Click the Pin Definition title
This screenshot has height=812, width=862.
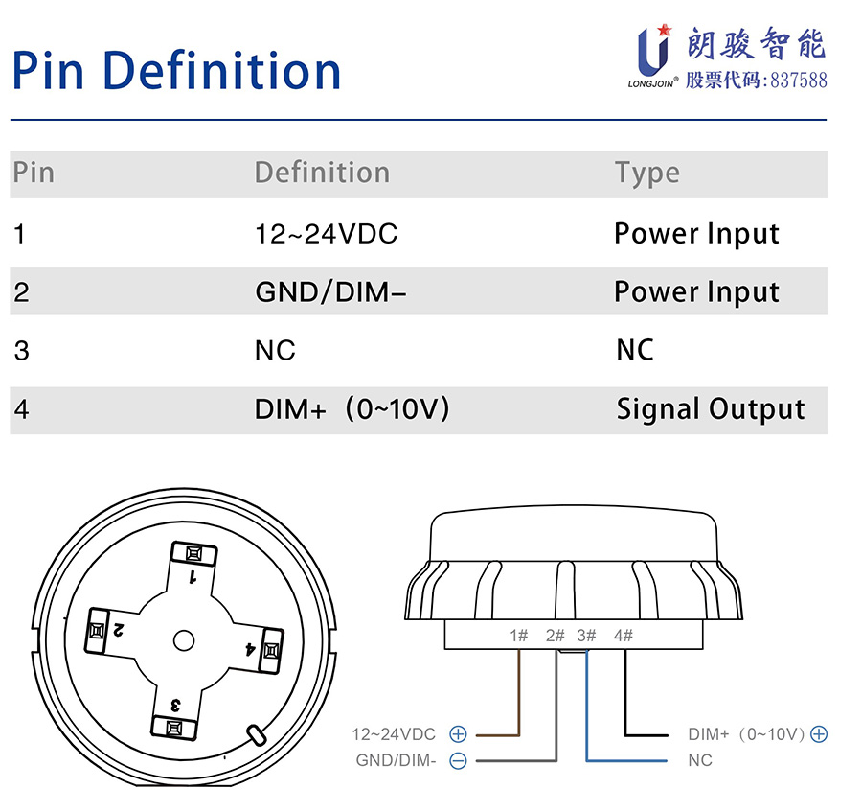click(176, 71)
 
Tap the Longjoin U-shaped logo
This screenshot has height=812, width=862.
click(653, 51)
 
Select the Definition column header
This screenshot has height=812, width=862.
click(322, 173)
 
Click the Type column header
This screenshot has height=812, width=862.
click(646, 174)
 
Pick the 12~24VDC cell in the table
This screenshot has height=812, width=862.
click(326, 233)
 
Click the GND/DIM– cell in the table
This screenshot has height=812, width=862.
click(330, 291)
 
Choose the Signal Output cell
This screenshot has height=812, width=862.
click(710, 409)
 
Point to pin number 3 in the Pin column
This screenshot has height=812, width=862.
click(21, 351)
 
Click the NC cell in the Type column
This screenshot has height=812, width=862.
click(634, 351)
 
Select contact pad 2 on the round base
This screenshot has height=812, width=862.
click(97, 630)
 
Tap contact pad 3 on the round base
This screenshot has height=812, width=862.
click(175, 728)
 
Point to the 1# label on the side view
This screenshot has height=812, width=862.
click(519, 635)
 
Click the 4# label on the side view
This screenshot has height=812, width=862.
click(623, 635)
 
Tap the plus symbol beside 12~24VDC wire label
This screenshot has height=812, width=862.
click(458, 734)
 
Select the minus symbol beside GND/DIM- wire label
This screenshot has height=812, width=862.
click(458, 761)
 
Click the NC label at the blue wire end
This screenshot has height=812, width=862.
click(700, 761)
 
